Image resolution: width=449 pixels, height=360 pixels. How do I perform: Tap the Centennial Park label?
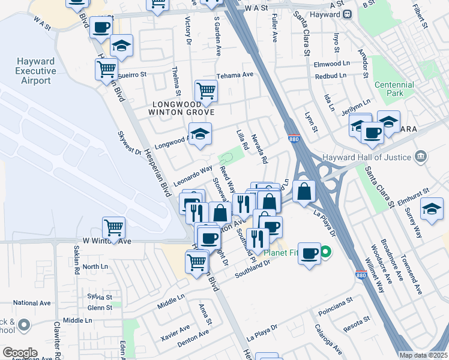tap(394, 89)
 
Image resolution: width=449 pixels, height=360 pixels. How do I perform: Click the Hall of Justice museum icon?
tap(421, 157)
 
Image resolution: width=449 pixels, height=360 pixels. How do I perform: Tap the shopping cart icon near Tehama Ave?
tap(205, 91)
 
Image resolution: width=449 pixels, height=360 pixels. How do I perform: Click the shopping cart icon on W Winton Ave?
tap(113, 227)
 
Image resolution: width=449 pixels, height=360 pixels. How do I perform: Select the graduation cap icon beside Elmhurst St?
tap(432, 209)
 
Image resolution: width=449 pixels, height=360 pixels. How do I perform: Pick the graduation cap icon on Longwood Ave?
tap(200, 133)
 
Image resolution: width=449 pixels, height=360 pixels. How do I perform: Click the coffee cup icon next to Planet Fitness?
tap(309, 253)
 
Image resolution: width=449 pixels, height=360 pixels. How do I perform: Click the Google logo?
tap(19, 353)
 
